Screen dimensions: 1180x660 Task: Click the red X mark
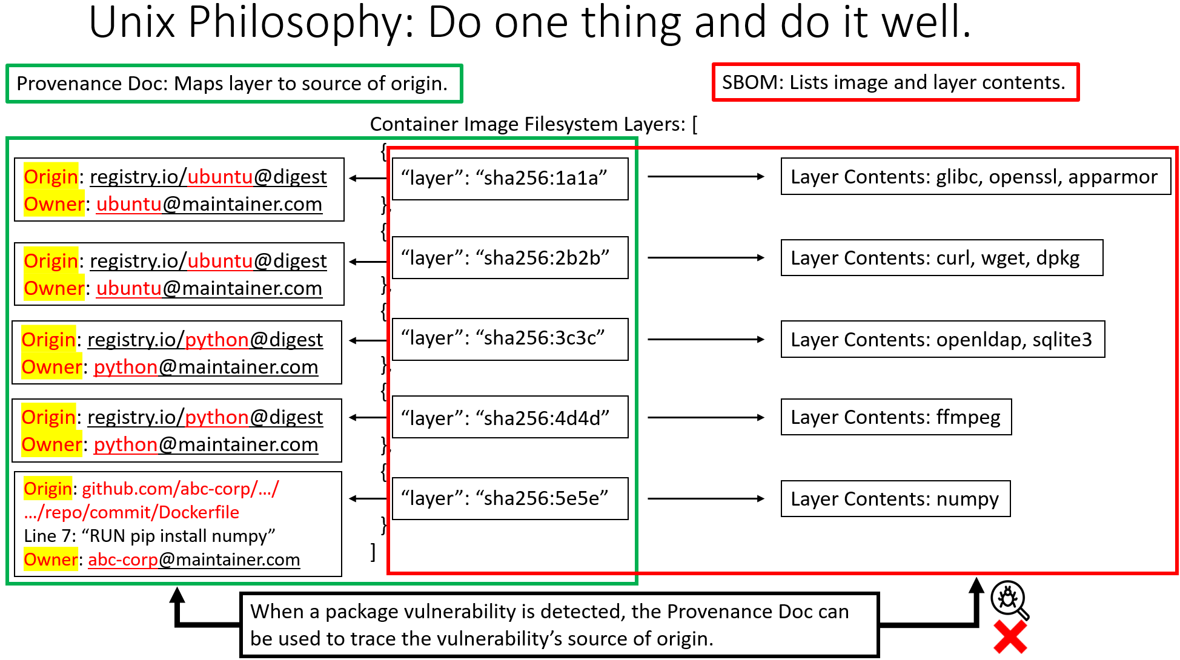point(1010,638)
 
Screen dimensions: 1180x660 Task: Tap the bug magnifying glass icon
point(1009,599)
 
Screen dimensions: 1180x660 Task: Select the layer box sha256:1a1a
point(510,178)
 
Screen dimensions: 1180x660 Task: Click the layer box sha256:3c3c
point(510,338)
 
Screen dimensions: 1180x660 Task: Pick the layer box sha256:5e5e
point(510,498)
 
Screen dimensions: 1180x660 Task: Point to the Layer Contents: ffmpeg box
point(896,417)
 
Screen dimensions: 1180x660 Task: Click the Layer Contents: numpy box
point(895,499)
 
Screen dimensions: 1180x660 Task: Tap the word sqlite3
point(1062,340)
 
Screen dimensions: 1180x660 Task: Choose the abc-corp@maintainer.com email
point(194,559)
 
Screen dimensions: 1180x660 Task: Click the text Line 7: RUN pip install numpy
point(150,536)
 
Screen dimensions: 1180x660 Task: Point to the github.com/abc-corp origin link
point(181,489)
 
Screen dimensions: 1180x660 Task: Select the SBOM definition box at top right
point(895,82)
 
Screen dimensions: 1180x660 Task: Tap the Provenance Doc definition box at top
point(234,84)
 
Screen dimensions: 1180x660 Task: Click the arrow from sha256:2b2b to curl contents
point(706,258)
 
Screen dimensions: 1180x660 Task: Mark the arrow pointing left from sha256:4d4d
point(368,417)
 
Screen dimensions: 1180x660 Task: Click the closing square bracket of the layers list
point(373,552)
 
